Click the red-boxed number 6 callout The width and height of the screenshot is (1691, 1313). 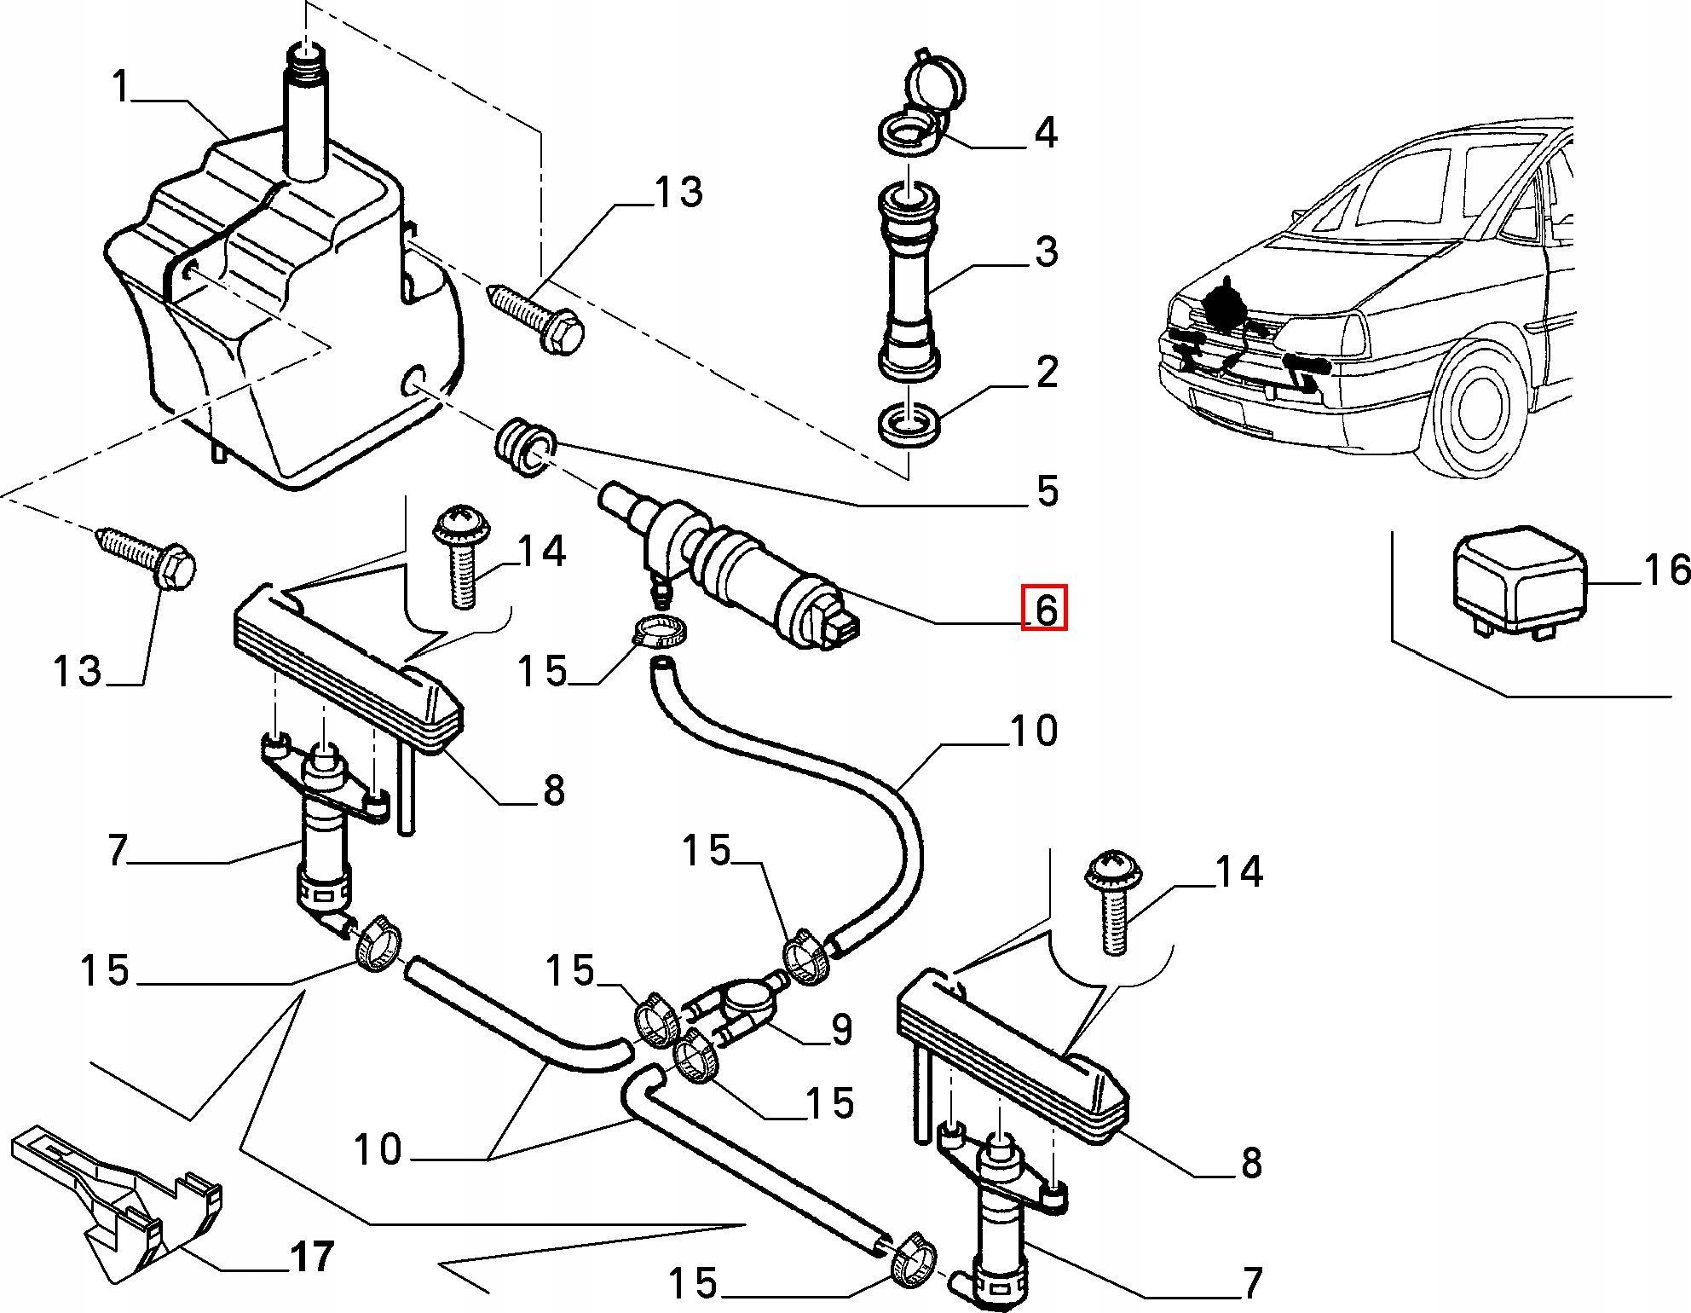pos(1045,609)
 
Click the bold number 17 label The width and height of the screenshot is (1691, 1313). pos(312,1257)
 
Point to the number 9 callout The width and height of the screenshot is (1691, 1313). pos(841,1030)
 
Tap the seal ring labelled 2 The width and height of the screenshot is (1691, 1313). pos(909,425)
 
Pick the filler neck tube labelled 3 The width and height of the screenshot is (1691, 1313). pos(909,281)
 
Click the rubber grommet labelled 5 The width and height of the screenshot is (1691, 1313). pos(525,447)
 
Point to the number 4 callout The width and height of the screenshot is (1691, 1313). pos(1046,134)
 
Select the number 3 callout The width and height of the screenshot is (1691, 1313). pos(1047,252)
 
